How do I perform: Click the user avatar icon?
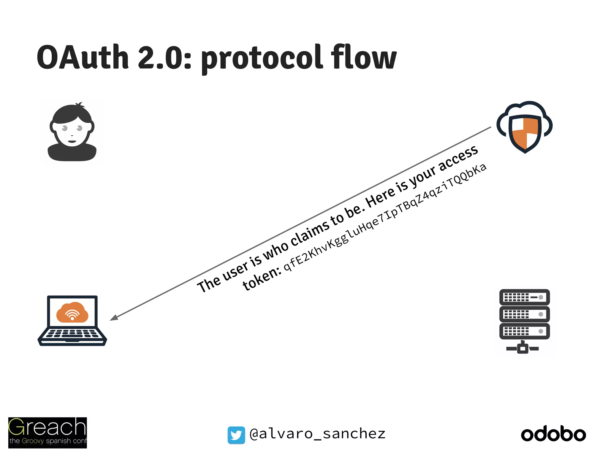click(x=72, y=132)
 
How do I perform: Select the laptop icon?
click(x=72, y=321)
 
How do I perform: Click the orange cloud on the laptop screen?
click(x=72, y=312)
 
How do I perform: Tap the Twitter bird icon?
click(x=236, y=435)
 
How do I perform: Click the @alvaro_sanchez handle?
click(x=317, y=434)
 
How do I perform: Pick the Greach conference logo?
click(x=47, y=433)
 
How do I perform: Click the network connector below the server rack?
click(x=522, y=348)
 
